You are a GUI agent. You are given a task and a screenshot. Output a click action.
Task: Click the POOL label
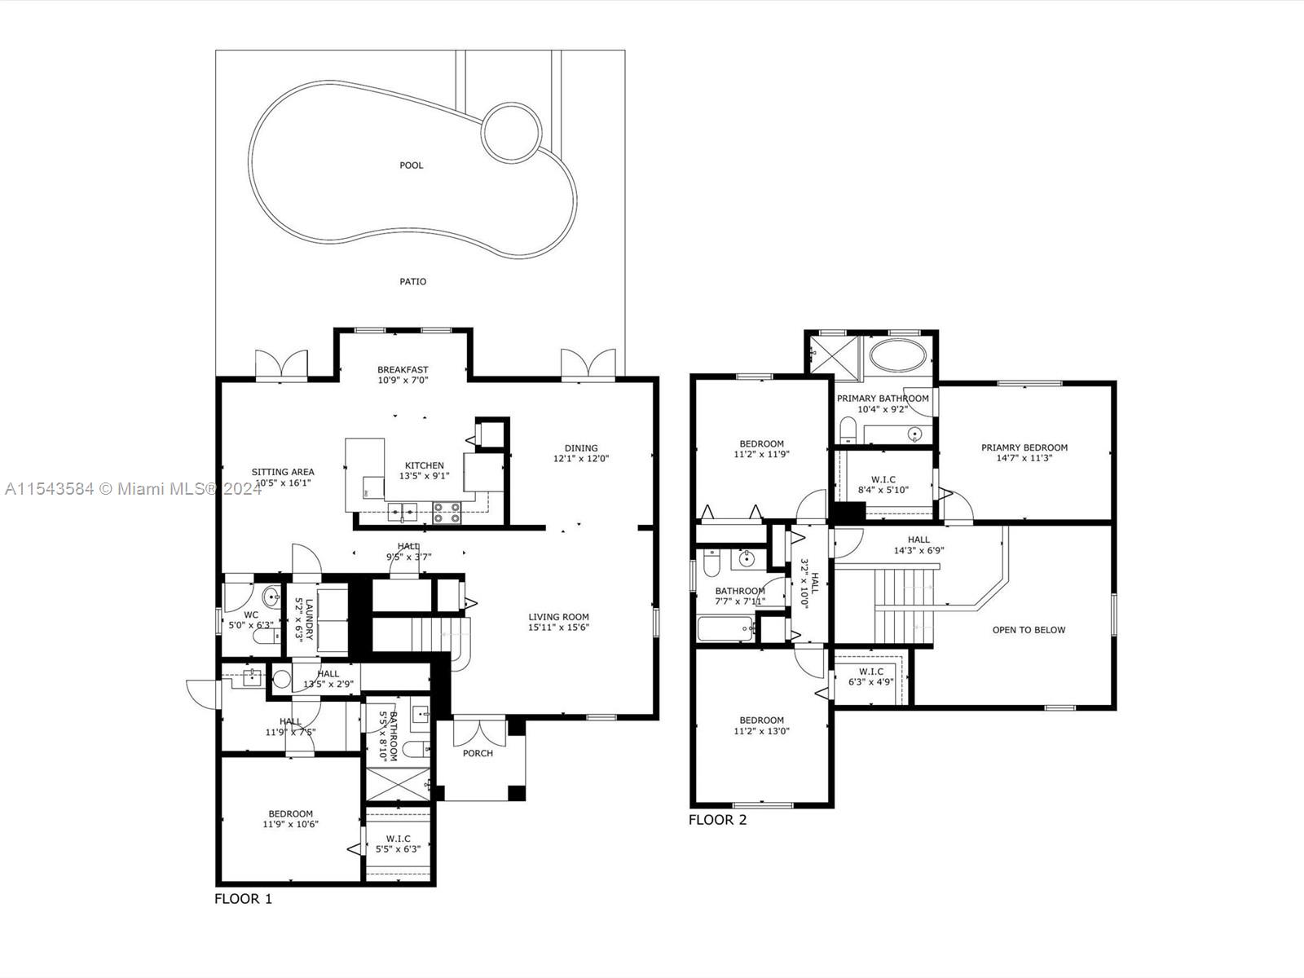[x=412, y=165]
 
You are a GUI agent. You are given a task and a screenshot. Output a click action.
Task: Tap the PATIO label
[x=412, y=282]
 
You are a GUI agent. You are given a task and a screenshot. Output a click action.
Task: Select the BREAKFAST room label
[x=403, y=370]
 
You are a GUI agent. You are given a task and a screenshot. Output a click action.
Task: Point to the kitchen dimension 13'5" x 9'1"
[x=424, y=476]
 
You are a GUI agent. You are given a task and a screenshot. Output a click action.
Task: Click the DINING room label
[x=581, y=447]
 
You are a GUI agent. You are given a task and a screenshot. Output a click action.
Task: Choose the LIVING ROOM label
[x=558, y=617]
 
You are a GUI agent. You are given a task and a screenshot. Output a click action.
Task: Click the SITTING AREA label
[x=283, y=472]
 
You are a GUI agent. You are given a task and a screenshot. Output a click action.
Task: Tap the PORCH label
[x=478, y=753]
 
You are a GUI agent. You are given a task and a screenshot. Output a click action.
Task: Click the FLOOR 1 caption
[x=243, y=899]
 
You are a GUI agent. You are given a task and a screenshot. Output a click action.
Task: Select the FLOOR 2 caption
[x=717, y=820]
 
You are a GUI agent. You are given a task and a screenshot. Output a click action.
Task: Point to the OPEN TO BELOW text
[x=1029, y=630]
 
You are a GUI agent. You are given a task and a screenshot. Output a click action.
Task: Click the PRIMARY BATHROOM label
[x=883, y=399]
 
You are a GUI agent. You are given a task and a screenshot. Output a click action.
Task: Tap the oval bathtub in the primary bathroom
[x=897, y=356]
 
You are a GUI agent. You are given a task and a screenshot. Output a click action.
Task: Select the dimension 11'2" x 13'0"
[x=762, y=731]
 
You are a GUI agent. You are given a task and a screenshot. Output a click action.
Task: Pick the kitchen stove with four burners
[x=447, y=512]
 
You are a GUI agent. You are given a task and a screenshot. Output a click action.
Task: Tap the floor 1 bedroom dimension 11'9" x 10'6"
[x=291, y=824]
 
